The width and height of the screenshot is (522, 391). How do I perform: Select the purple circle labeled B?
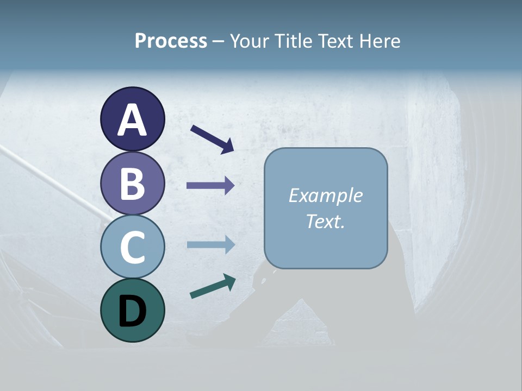tap(132, 183)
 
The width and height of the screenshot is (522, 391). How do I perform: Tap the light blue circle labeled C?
tap(132, 247)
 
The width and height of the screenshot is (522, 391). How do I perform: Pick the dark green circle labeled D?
tap(132, 310)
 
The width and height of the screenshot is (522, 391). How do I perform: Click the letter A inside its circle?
tap(132, 120)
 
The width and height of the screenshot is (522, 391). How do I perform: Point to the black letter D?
tap(132, 312)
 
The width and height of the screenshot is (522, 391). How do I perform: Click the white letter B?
tap(132, 184)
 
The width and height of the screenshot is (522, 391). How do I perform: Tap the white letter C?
tap(132, 247)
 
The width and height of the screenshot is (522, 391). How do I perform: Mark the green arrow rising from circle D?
tap(212, 286)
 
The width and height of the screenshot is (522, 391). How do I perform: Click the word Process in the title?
tap(171, 41)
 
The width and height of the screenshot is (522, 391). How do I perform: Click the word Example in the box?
tap(325, 195)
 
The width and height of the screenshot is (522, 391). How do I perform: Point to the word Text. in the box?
tap(325, 221)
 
